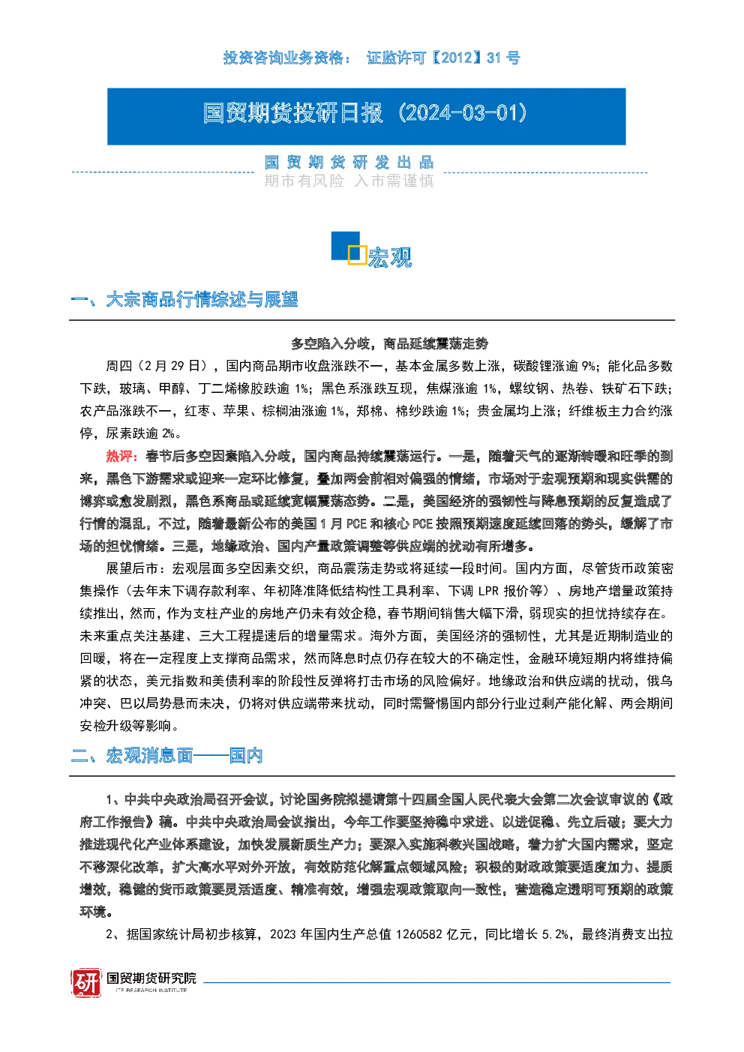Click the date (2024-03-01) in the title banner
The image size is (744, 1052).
pos(463,113)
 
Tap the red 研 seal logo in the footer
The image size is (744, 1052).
pos(86,982)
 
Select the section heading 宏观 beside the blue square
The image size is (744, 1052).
pos(390,257)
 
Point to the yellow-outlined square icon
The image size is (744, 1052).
pos(357,254)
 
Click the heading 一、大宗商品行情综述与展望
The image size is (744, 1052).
pos(184,299)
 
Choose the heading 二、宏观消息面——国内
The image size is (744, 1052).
pos(166,756)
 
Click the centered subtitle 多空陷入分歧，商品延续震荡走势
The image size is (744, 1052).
pos(389,343)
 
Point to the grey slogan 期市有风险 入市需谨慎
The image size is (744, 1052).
pos(349,181)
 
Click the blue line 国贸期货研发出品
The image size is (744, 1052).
pos(349,163)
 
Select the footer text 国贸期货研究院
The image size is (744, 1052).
pos(151,978)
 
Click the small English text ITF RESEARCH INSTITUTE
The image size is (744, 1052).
pos(151,990)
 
